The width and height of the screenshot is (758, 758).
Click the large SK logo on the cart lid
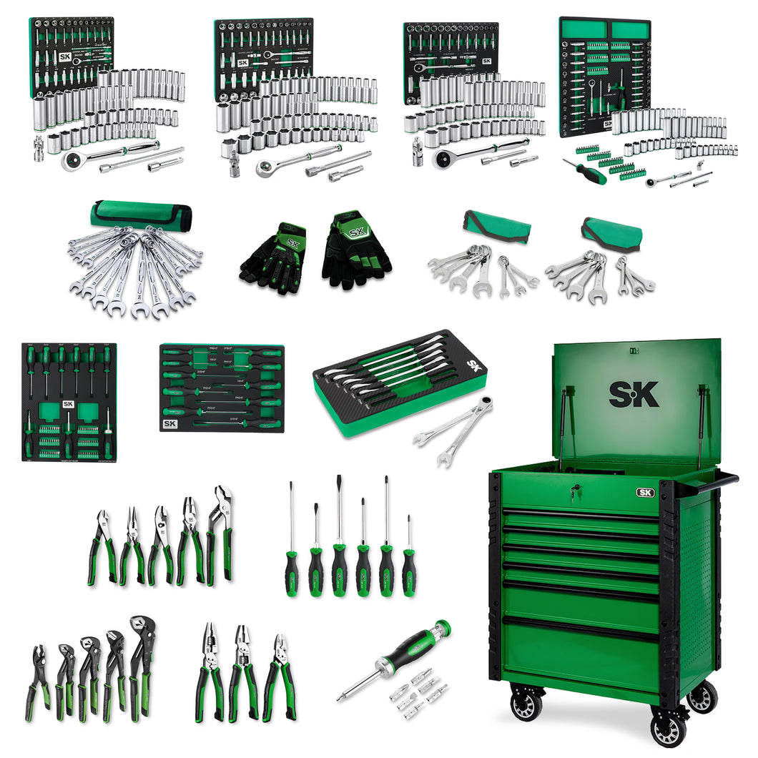point(634,394)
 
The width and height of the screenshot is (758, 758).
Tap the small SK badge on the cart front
point(645,492)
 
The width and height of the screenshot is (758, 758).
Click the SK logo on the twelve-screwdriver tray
point(170,423)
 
